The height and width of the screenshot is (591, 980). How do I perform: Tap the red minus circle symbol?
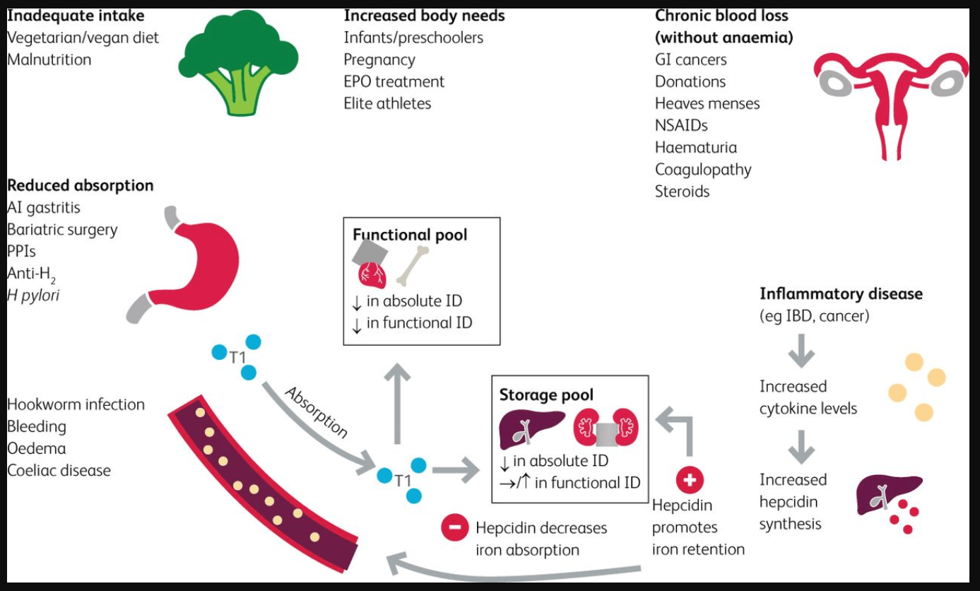[454, 527]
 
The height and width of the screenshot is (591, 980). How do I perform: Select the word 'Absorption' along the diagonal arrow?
[316, 412]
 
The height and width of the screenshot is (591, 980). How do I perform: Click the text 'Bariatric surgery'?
[62, 230]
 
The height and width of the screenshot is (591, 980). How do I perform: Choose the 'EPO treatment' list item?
[394, 81]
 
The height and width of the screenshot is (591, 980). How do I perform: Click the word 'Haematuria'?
[695, 147]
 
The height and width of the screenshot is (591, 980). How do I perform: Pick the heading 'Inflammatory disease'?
[841, 293]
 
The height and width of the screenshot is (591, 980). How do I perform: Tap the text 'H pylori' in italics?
[33, 295]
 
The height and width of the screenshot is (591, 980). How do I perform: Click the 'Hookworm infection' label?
[76, 404]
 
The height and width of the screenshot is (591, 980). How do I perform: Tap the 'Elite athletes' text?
[386, 103]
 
